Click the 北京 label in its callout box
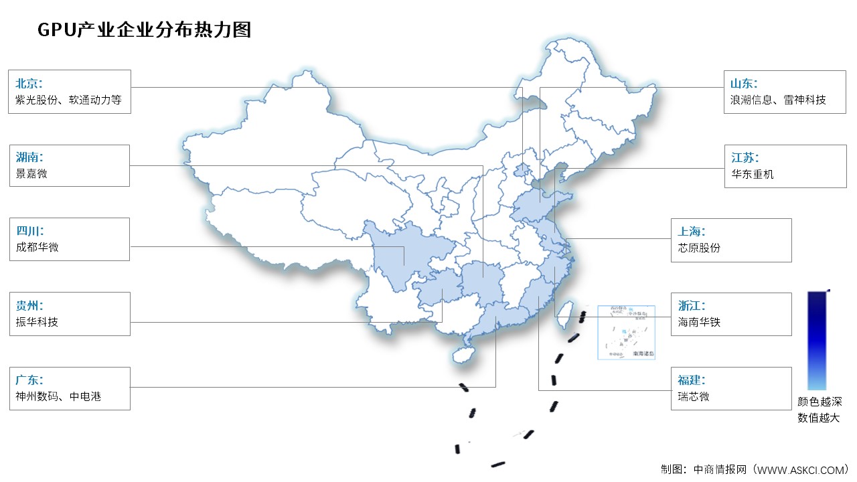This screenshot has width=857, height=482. tap(29, 84)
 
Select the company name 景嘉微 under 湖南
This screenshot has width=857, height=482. tap(31, 173)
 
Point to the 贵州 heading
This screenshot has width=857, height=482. tap(29, 306)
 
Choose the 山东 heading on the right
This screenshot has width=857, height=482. tap(744, 84)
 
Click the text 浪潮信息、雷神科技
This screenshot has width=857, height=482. tap(778, 100)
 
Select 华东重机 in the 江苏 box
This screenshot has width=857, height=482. tap(753, 174)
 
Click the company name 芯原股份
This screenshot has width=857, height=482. tap(699, 248)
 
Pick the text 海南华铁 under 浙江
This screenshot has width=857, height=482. tap(699, 322)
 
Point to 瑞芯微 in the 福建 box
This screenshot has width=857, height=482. tap(694, 396)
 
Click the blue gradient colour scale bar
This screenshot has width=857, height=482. tap(817, 340)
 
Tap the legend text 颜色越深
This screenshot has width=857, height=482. tap(819, 402)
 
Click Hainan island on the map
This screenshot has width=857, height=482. tap(463, 353)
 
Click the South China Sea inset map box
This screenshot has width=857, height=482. tap(626, 332)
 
